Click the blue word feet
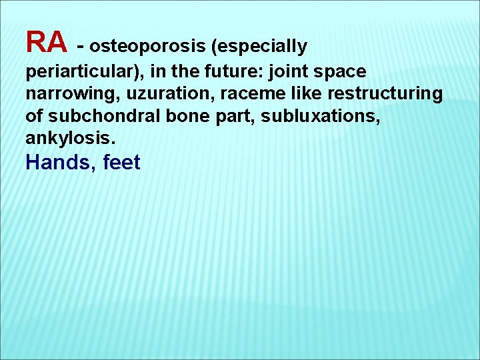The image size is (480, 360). [x=122, y=162]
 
